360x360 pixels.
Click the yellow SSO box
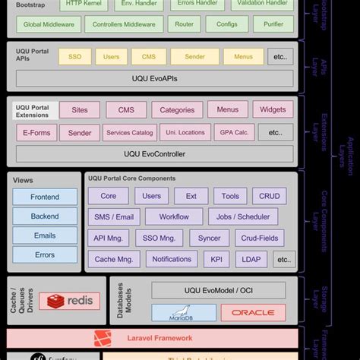[74, 57]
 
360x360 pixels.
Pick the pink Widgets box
[273, 110]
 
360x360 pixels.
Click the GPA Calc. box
[234, 133]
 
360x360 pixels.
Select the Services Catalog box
[129, 133]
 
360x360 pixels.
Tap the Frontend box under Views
[45, 197]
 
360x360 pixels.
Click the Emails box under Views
[45, 235]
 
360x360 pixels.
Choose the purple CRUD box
[269, 197]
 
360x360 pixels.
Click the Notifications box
[172, 259]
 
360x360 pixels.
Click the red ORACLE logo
[253, 312]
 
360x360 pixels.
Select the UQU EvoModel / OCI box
[219, 290]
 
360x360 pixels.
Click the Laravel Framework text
[159, 338]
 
